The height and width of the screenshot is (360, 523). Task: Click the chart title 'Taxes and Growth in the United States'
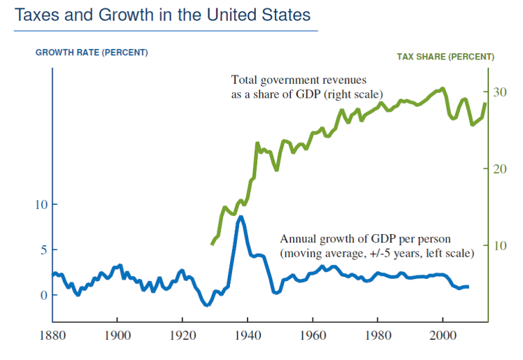pos(162,15)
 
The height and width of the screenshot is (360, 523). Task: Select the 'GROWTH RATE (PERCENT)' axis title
pos(92,52)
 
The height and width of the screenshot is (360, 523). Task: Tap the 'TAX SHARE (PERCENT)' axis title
pos(445,57)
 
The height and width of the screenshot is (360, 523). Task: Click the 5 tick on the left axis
pos(43,250)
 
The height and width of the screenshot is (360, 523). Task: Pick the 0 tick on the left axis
pos(43,295)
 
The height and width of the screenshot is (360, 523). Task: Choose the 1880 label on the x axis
pos(52,336)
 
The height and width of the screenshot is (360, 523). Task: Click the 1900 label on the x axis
pos(117,336)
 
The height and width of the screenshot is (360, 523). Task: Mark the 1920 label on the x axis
pos(182,336)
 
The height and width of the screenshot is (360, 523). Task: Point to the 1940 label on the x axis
pos(248,336)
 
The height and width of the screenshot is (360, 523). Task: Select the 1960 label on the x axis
pos(313,336)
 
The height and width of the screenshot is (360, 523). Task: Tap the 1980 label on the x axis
pos(378,336)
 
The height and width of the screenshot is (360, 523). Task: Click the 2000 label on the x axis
pos(443,336)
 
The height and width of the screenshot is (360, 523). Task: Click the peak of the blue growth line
pos(241,217)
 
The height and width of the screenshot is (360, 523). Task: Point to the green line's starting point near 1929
pos(212,243)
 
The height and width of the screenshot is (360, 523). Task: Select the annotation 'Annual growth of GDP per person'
pos(366,238)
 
